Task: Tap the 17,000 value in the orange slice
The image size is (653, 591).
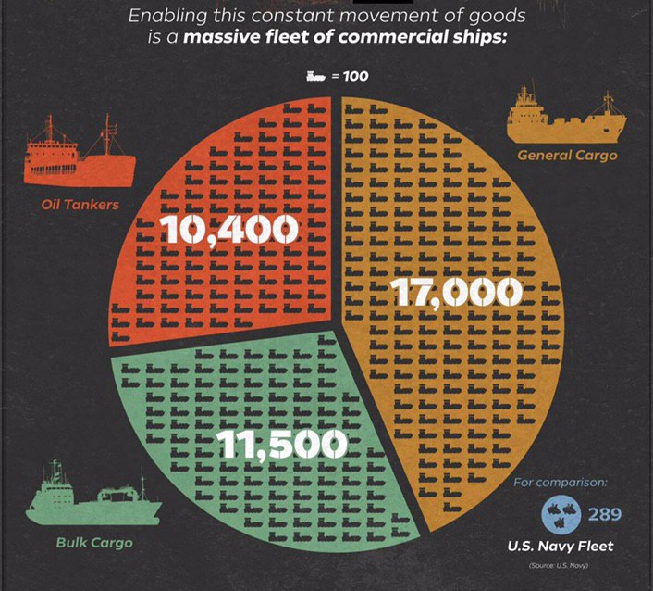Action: (x=457, y=293)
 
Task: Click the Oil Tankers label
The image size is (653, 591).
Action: (x=80, y=205)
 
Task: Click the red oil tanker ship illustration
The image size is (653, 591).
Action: (x=80, y=153)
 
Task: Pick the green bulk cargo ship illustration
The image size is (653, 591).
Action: (x=93, y=497)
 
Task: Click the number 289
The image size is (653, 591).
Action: (x=605, y=514)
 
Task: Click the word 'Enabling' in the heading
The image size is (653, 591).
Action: (x=166, y=17)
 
